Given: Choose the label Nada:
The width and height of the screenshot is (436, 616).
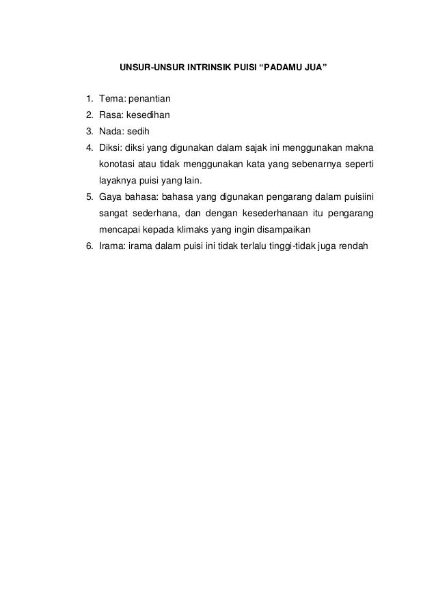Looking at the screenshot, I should tap(111, 132).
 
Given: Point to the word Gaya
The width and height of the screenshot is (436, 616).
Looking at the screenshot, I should tap(110, 197).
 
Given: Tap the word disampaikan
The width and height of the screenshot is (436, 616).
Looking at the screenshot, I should tap(278, 230).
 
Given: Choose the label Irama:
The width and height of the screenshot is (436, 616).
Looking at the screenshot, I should tap(111, 246).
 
